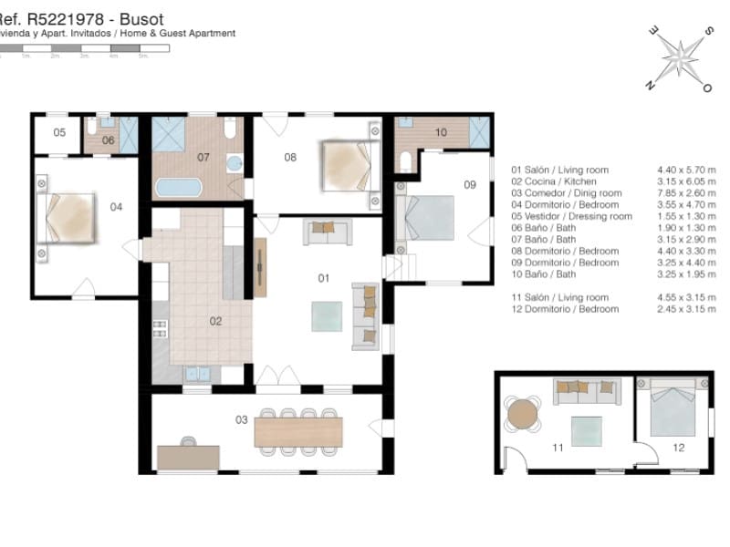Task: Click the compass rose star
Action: pyautogui.click(x=680, y=57)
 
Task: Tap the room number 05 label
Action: pyautogui.click(x=59, y=133)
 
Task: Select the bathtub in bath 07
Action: pyautogui.click(x=179, y=188)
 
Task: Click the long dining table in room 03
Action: pyautogui.click(x=298, y=430)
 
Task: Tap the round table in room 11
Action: pyautogui.click(x=523, y=414)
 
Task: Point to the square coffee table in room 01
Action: pyautogui.click(x=328, y=316)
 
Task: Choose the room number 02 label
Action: pyautogui.click(x=216, y=321)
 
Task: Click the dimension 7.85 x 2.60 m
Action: pyautogui.click(x=686, y=193)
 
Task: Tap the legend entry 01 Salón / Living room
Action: pyautogui.click(x=559, y=170)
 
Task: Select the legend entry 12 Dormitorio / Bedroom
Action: pyautogui.click(x=565, y=309)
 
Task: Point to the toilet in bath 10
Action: pyautogui.click(x=405, y=161)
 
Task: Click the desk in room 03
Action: pyautogui.click(x=187, y=456)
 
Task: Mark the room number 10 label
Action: pyautogui.click(x=441, y=132)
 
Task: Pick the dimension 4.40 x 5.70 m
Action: pyautogui.click(x=686, y=170)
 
